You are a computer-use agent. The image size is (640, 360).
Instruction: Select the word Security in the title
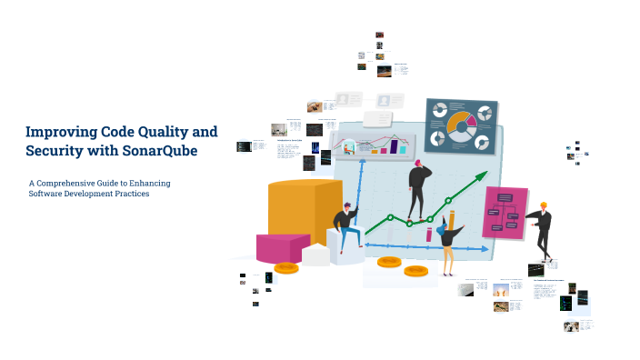point(53,150)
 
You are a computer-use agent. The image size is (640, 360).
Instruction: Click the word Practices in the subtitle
point(130,194)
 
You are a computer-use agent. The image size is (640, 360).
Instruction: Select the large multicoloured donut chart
point(462,125)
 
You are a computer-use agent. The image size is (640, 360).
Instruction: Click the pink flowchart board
point(505,213)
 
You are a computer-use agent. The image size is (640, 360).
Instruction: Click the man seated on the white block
point(344,227)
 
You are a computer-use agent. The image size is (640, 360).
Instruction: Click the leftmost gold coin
point(286,267)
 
